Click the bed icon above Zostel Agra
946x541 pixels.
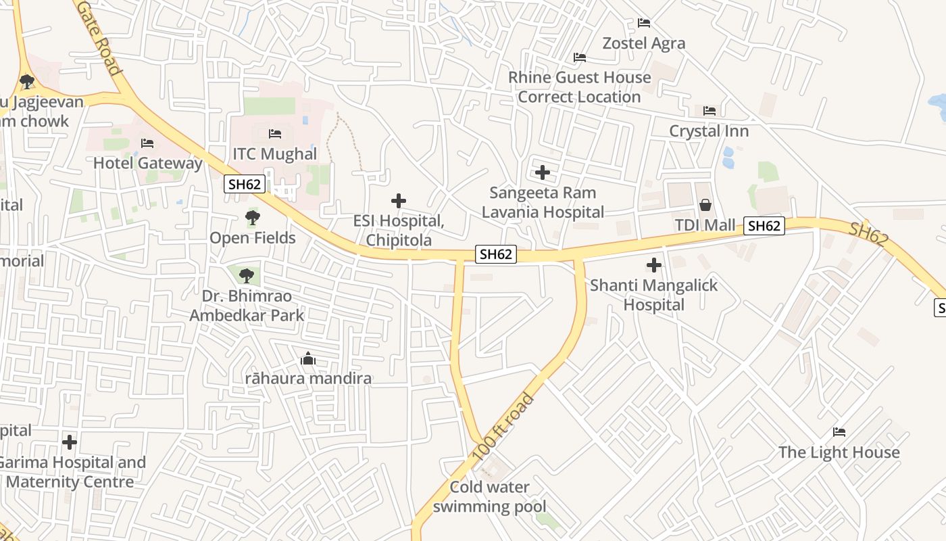point(644,23)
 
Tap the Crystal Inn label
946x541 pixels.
point(709,131)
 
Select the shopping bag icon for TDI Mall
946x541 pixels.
point(705,204)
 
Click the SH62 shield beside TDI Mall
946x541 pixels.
point(764,226)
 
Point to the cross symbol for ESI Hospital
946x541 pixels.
point(399,201)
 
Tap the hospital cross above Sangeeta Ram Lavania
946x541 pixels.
point(542,172)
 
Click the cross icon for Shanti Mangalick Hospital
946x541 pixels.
point(653,265)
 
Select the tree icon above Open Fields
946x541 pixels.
point(252,218)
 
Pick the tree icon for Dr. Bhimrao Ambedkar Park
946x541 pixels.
point(246,275)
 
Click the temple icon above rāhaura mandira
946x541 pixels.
point(308,358)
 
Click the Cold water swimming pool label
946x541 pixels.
point(490,496)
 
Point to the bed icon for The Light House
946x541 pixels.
point(839,431)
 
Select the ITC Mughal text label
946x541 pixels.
point(274,154)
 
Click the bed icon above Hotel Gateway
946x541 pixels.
point(147,143)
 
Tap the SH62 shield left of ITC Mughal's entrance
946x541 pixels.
point(244,183)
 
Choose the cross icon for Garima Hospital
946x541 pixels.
point(70,442)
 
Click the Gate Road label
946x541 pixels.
point(99,37)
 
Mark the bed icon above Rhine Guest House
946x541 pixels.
point(579,57)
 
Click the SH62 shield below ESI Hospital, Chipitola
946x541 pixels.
point(496,254)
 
